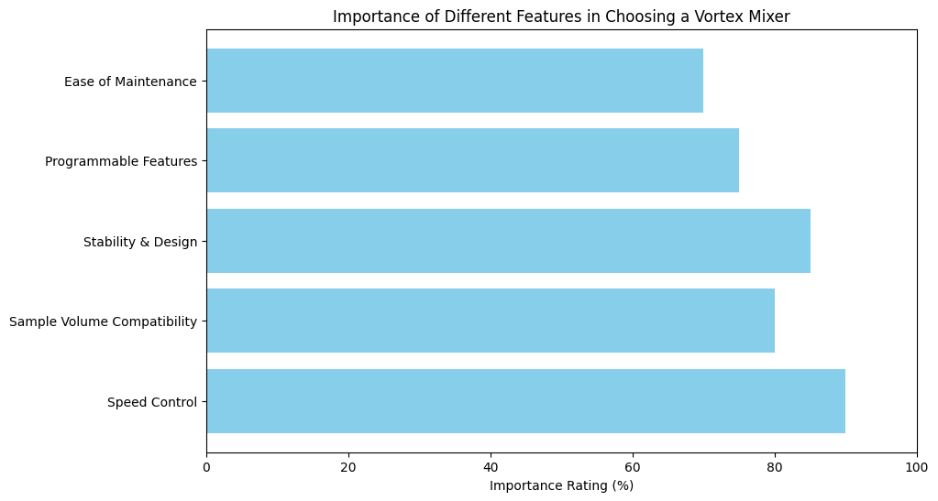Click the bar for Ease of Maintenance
455,81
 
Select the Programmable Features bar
472,160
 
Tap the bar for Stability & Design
508,241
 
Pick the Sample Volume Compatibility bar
491,321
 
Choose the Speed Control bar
525,401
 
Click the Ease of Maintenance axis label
130,82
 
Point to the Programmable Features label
121,161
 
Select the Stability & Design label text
140,242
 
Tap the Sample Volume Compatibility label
103,321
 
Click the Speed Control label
152,402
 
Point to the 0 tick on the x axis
206,465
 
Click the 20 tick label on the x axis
348,465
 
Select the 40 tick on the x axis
491,465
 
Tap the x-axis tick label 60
633,465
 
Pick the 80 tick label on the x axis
775,465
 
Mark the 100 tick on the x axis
917,465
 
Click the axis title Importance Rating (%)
561,485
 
